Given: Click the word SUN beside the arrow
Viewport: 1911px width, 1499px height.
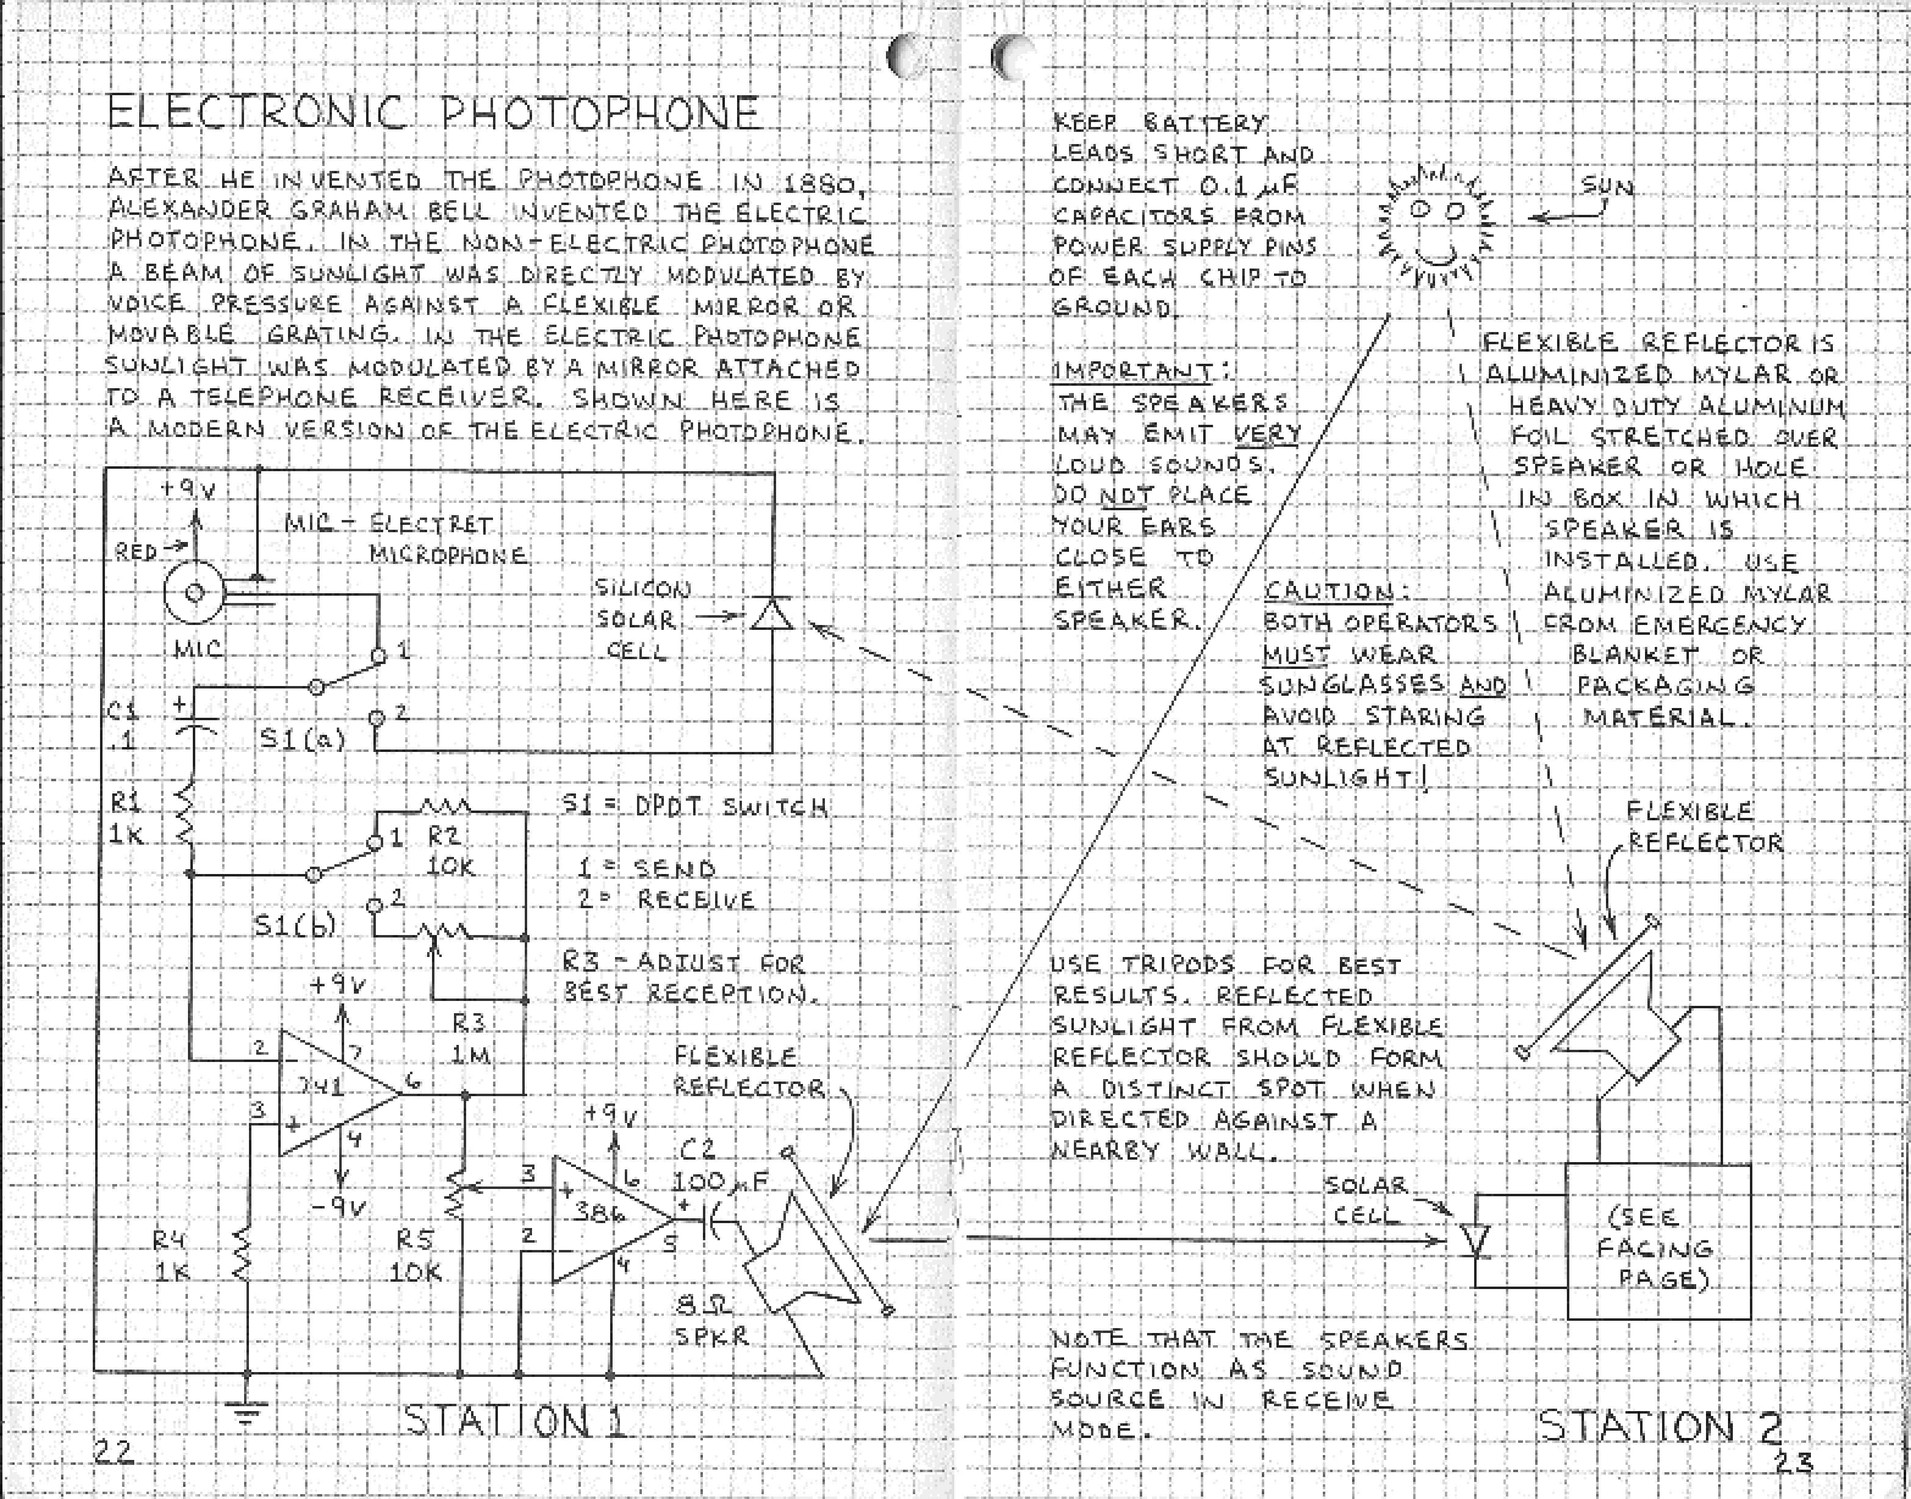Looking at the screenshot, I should [x=1607, y=187].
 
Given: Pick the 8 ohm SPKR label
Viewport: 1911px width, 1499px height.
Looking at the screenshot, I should [x=711, y=1321].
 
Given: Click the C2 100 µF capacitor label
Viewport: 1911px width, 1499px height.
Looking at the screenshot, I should [x=718, y=1166].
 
